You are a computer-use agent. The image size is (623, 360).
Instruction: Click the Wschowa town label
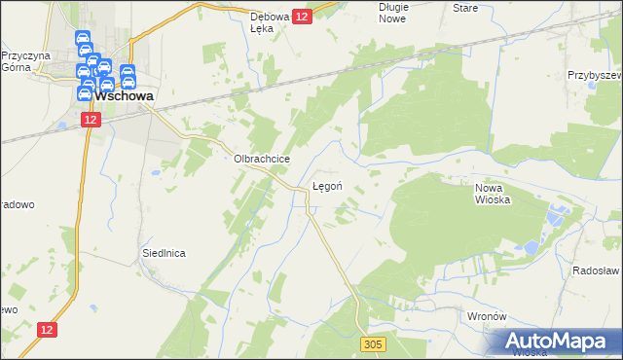point(123,95)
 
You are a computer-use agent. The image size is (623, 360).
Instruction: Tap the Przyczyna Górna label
point(24,62)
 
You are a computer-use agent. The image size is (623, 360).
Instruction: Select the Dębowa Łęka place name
point(272,22)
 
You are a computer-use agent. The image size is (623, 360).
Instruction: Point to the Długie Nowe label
point(393,13)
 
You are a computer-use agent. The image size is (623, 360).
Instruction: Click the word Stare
point(466,7)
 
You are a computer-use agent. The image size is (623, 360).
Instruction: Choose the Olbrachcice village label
point(257,157)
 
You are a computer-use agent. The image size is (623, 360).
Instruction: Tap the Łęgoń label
point(326,185)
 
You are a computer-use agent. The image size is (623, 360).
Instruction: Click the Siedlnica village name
point(164,252)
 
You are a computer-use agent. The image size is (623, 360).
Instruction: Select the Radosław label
point(596,271)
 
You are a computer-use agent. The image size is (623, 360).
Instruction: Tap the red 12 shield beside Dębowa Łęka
point(302,17)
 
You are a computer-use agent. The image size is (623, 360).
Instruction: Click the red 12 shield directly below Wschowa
point(91,118)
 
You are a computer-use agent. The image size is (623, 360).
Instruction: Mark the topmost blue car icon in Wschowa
point(84,39)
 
